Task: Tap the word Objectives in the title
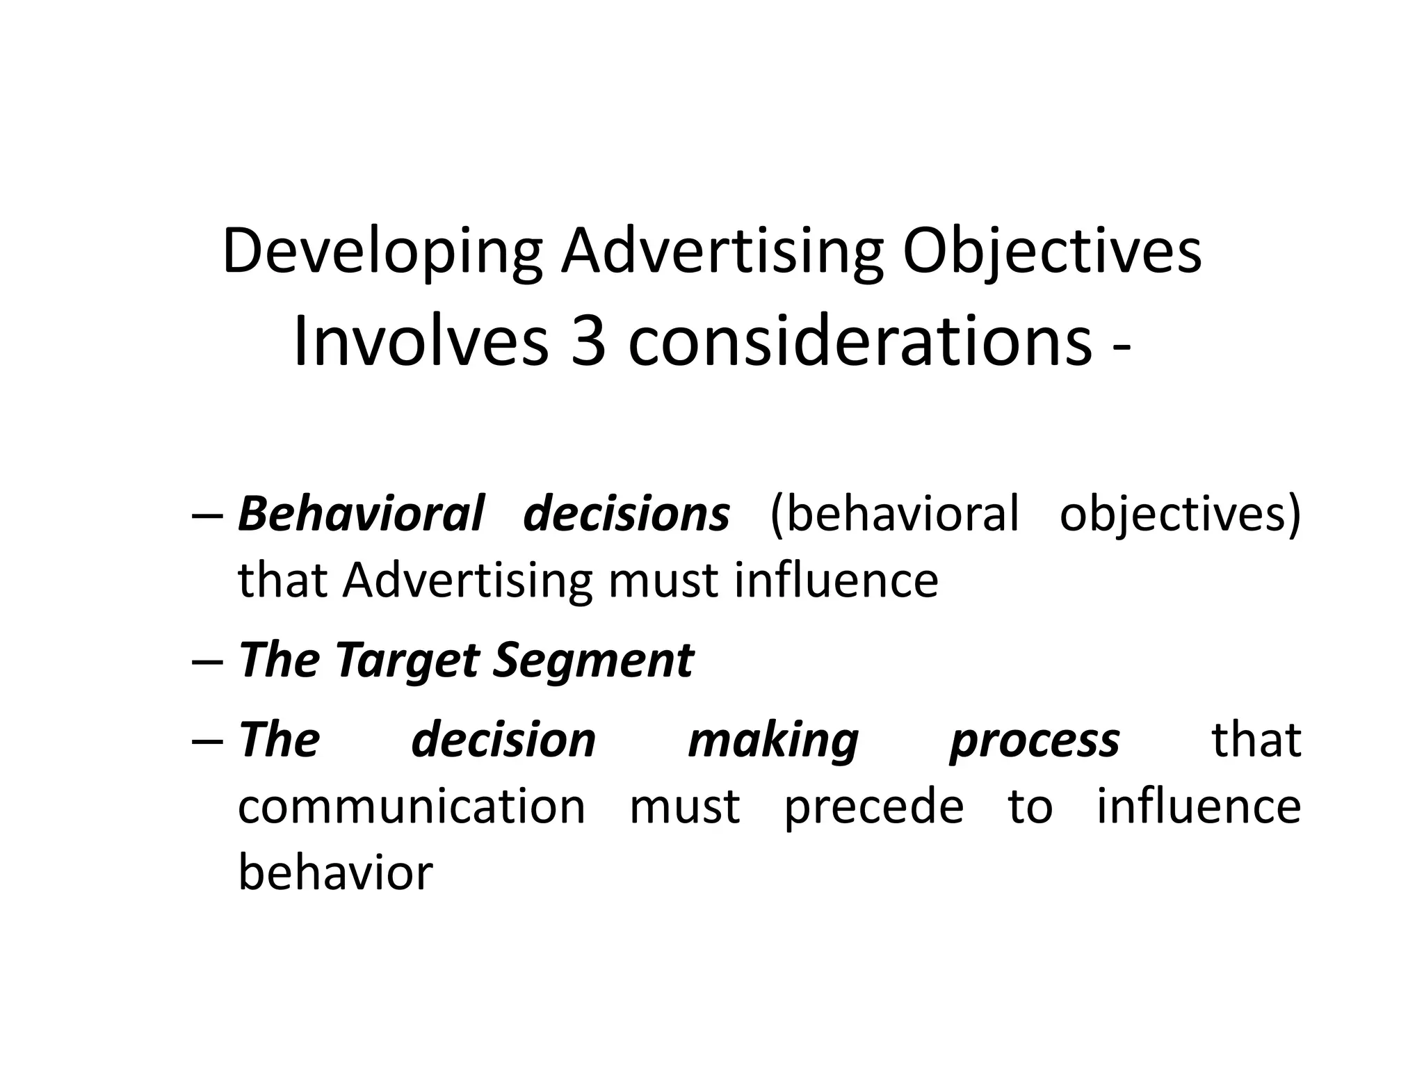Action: pos(1052,252)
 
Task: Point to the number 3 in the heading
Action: pos(588,342)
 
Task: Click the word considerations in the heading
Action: pos(859,342)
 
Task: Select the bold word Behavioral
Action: pos(361,514)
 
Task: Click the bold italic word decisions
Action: pos(626,514)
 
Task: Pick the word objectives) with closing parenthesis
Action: pos(1180,515)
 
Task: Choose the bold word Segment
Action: pos(593,661)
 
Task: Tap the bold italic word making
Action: pos(773,741)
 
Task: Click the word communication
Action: pos(412,807)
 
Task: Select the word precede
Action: pos(874,808)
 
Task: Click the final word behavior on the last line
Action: pos(335,873)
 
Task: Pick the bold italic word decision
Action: pos(503,740)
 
